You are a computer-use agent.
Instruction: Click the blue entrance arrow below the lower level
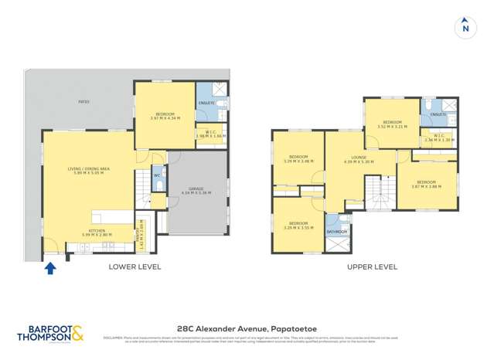click(51, 268)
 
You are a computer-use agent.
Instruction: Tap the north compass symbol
click(465, 27)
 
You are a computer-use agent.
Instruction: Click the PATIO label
click(83, 101)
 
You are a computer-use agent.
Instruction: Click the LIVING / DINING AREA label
click(88, 168)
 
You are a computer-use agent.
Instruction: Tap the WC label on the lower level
click(157, 175)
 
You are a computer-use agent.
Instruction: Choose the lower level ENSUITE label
click(206, 104)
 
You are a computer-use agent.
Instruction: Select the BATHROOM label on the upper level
click(336, 231)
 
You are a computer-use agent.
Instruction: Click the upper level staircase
click(375, 193)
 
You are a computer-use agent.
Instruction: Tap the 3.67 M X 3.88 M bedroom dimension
click(426, 185)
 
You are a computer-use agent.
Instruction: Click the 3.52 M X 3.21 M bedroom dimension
click(392, 126)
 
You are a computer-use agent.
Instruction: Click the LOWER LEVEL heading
click(135, 267)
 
